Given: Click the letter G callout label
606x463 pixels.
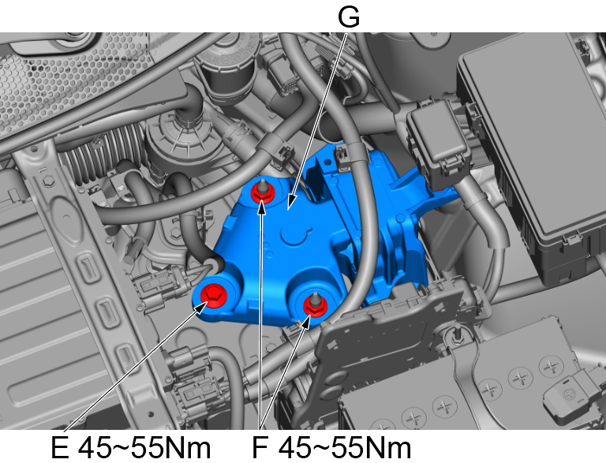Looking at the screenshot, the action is [x=349, y=17].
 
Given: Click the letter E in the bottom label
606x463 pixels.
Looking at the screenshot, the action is [x=60, y=448].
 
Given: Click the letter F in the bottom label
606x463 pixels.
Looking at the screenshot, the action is [x=260, y=448].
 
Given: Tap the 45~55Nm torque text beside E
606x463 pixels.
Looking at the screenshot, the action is [x=144, y=448].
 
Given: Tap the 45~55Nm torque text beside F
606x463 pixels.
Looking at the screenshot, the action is [x=344, y=448].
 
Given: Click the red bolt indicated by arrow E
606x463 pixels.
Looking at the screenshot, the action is [x=213, y=295].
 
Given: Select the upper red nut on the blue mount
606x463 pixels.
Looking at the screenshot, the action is [x=263, y=191].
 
